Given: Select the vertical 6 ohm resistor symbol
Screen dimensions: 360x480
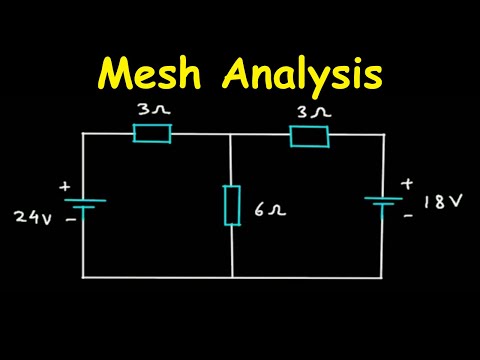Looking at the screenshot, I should click(232, 204).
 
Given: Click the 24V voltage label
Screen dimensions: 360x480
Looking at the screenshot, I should click(32, 215).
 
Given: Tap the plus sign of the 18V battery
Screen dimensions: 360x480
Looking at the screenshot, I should click(407, 183).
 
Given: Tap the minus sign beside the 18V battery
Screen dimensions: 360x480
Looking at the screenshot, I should click(408, 213).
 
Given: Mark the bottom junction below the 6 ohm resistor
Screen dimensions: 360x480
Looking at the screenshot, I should click(232, 276).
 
